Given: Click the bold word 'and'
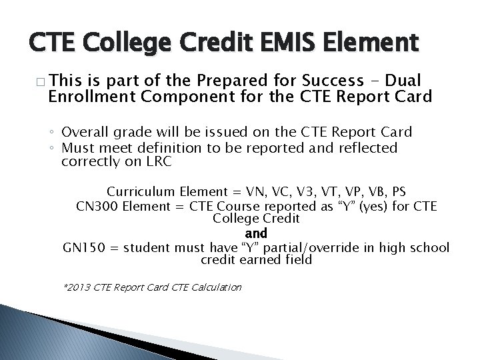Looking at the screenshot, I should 256,233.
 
